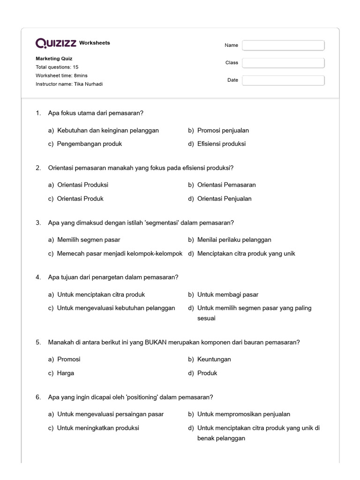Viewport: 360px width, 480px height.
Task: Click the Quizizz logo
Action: click(56, 43)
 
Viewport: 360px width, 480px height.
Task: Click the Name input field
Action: click(283, 45)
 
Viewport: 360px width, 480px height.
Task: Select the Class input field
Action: click(283, 63)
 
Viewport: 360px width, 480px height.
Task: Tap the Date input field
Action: click(283, 80)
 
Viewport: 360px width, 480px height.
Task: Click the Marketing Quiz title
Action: click(54, 59)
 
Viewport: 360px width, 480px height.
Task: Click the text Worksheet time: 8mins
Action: click(61, 75)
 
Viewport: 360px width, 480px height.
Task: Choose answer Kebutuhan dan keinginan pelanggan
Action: click(108, 130)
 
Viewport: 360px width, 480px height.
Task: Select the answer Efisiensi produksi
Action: click(221, 144)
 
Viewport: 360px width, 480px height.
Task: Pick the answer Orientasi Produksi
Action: click(82, 185)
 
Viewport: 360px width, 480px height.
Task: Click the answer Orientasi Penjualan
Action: click(224, 199)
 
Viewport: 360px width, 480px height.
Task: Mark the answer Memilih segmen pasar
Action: click(89, 240)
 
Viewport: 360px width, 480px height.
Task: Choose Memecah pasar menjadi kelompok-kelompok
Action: click(120, 254)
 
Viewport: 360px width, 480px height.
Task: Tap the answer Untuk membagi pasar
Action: click(228, 294)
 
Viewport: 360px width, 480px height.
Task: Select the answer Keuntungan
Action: click(214, 359)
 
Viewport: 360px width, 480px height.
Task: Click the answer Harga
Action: click(66, 373)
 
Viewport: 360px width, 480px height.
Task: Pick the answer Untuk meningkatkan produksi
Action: click(98, 428)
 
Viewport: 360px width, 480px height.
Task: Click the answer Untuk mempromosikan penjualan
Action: click(243, 414)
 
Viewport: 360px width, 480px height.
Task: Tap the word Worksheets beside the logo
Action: click(95, 43)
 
